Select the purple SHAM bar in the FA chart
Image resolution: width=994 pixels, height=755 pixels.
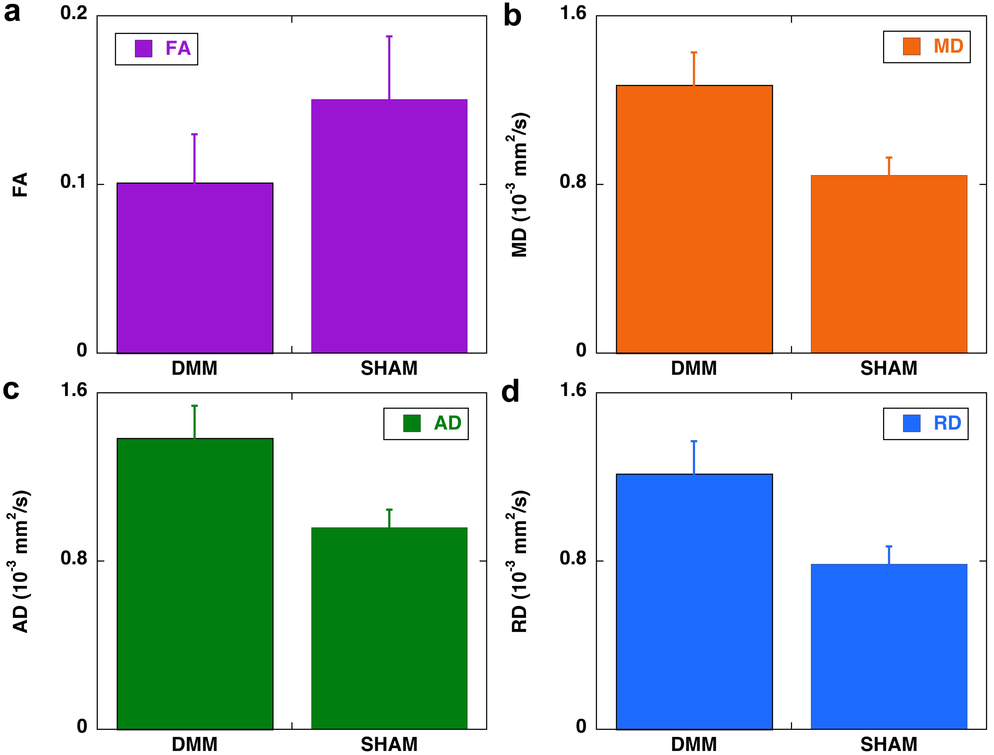[389, 226]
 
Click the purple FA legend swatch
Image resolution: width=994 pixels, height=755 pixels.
[143, 48]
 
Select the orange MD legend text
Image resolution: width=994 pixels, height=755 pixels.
[948, 46]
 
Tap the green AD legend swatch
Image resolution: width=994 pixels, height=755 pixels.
[412, 423]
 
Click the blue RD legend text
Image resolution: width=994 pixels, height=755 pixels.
[947, 423]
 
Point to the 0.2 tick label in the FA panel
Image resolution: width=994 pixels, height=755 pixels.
[74, 13]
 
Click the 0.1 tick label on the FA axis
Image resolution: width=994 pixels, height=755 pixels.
[74, 182]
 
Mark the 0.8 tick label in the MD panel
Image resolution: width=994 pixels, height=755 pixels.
[573, 182]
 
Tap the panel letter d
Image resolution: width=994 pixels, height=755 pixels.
[511, 391]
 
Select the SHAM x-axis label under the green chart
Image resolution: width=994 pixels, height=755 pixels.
[389, 745]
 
